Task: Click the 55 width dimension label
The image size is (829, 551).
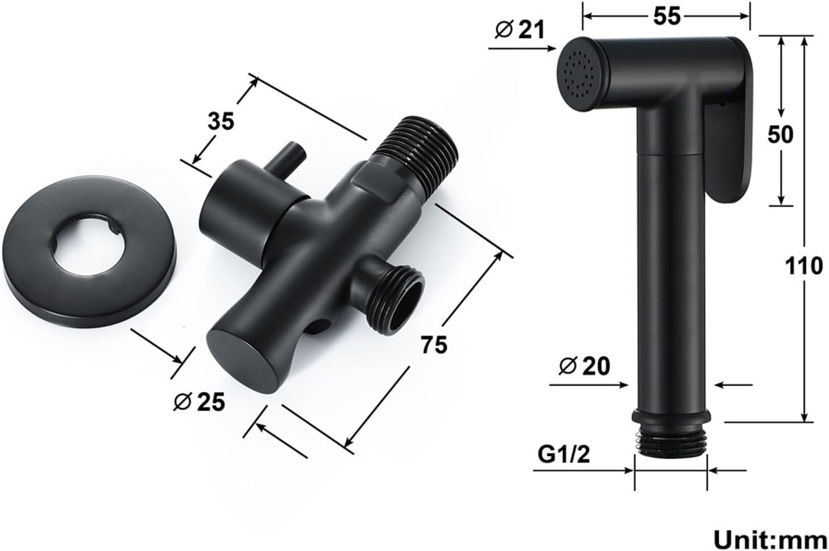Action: (x=667, y=16)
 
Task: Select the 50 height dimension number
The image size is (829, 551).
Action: (x=780, y=134)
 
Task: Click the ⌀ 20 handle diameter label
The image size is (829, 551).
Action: (x=585, y=366)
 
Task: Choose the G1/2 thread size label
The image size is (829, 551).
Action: (x=564, y=455)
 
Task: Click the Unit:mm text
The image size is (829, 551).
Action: (x=770, y=540)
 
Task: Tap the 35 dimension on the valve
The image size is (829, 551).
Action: (x=221, y=121)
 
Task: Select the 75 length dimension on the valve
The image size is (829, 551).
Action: (x=434, y=345)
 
